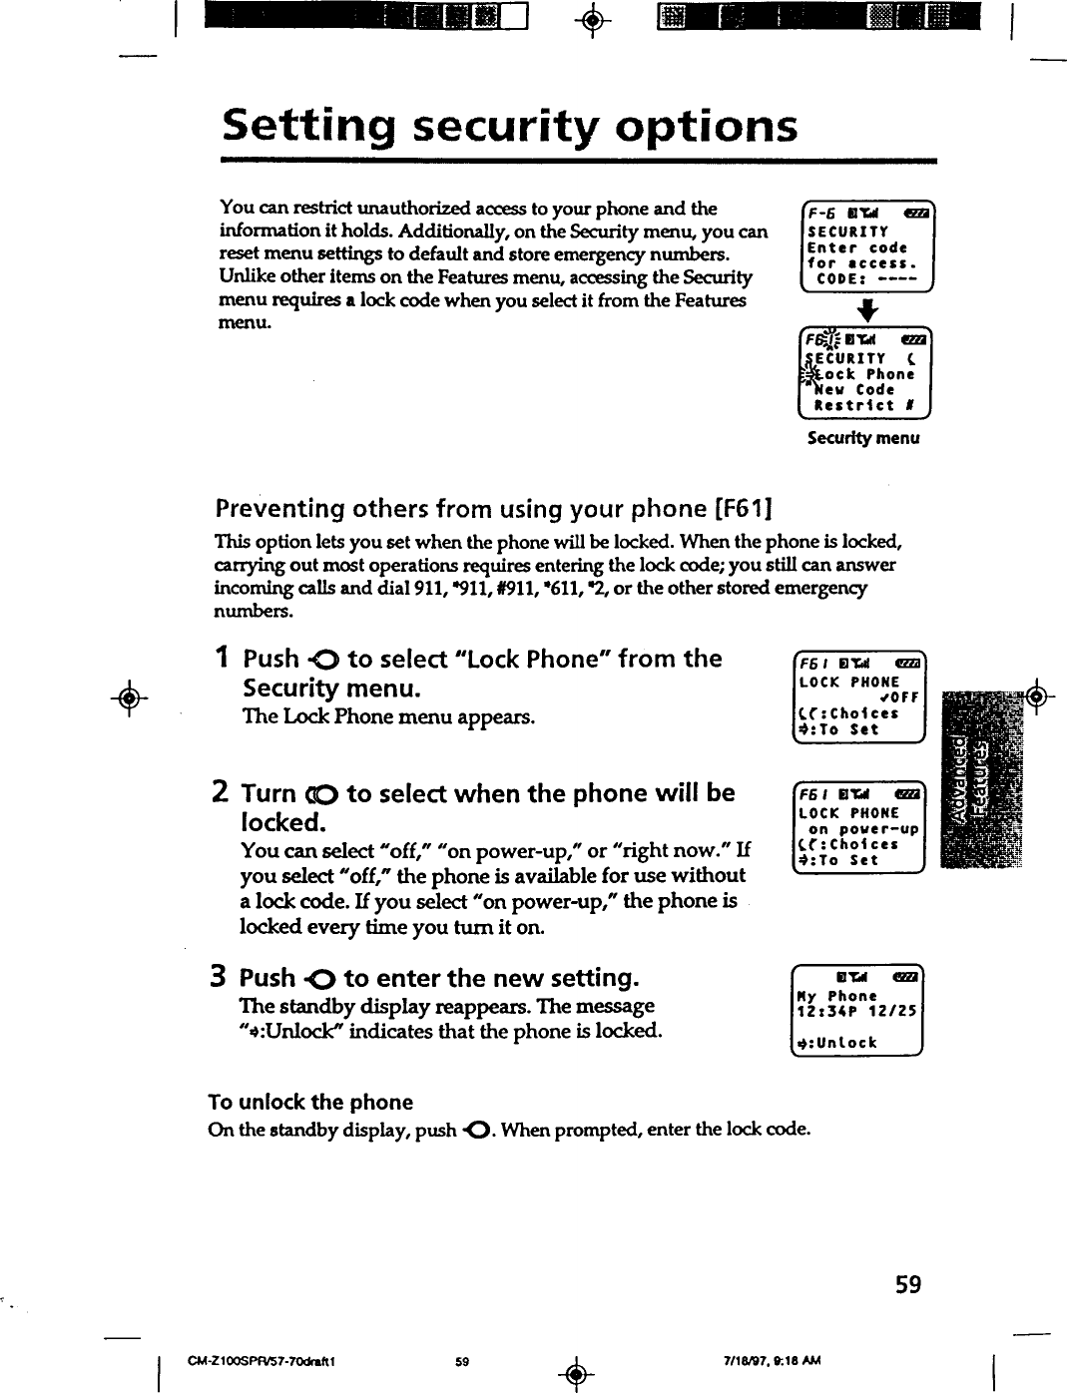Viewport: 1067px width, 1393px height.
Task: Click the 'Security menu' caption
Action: point(863,438)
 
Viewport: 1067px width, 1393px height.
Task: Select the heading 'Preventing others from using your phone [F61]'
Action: point(494,509)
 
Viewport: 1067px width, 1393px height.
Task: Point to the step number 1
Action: point(224,659)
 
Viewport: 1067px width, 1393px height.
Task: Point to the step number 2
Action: point(224,793)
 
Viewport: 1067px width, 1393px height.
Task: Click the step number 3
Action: point(223,978)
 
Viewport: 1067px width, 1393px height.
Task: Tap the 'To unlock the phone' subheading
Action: point(310,1103)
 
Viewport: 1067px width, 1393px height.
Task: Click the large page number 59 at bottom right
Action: point(907,1284)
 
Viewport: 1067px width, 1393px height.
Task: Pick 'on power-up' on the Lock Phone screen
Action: point(863,829)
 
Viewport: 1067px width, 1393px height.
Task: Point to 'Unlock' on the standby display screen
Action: point(843,1043)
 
